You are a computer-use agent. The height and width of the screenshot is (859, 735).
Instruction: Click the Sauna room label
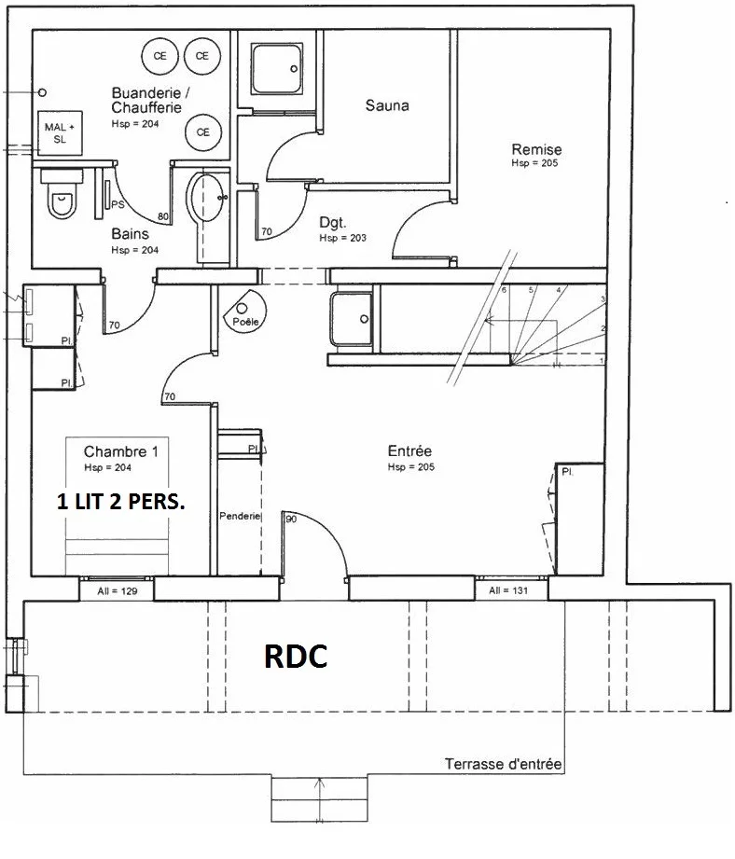387,105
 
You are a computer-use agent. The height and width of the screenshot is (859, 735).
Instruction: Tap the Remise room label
536,149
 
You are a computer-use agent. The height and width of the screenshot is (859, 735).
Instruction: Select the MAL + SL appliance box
61,133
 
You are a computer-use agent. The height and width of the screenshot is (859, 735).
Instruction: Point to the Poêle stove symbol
244,310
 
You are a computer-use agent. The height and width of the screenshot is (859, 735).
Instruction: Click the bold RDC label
296,656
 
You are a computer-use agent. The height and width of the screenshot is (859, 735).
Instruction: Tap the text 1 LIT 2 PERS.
121,502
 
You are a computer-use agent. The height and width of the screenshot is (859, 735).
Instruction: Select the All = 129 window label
118,591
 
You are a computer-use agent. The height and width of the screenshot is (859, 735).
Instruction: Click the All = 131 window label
508,590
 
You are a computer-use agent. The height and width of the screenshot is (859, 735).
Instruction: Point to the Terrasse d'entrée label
504,764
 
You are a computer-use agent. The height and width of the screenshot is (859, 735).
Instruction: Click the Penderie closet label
240,516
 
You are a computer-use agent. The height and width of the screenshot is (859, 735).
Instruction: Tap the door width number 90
291,519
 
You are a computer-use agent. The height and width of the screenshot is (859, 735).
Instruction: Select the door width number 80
163,217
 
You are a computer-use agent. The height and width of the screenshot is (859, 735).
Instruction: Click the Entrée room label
409,450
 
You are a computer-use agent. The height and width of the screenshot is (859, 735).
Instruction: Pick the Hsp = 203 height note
343,238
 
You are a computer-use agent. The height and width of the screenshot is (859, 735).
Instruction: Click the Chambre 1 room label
121,451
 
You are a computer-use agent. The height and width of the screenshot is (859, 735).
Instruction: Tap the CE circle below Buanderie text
202,132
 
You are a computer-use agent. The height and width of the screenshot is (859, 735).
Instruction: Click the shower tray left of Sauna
277,69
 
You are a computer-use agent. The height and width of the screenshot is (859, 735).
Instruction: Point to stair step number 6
504,290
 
